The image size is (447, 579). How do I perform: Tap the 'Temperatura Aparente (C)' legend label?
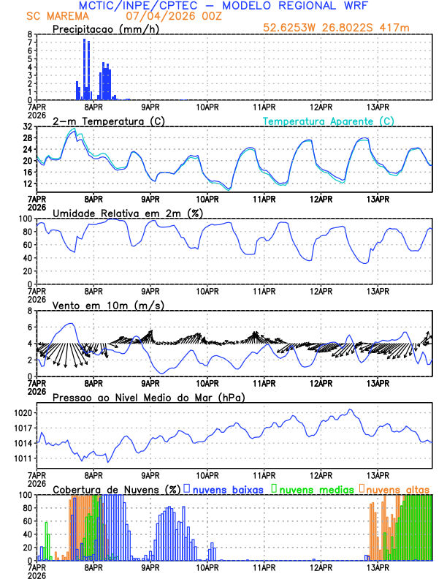[329, 121]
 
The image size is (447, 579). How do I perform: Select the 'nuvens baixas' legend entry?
[228, 488]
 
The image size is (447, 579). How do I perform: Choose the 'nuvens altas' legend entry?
[397, 488]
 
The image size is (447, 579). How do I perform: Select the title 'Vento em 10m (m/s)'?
[98, 305]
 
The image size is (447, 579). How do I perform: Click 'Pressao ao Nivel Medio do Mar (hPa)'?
[148, 397]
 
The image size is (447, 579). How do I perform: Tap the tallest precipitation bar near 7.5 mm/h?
[84, 69]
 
